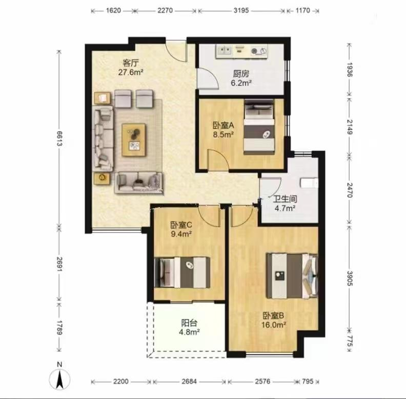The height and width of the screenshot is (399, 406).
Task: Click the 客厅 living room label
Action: tap(131, 63)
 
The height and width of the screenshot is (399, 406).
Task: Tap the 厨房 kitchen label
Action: tap(241, 74)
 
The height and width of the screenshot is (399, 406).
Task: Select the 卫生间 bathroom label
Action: tap(286, 198)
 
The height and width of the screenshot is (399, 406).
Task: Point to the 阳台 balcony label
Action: tap(189, 323)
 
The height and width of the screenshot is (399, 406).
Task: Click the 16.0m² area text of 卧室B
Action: tap(274, 325)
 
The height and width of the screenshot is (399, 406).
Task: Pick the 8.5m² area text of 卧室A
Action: tap(224, 135)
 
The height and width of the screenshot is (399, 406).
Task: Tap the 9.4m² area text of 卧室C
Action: tap(181, 234)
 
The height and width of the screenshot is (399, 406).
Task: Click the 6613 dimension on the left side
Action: tap(59, 139)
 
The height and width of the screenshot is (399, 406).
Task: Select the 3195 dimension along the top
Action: tap(241, 10)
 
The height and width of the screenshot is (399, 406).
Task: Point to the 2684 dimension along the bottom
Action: tap(189, 382)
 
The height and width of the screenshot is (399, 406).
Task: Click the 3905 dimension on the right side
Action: tap(350, 278)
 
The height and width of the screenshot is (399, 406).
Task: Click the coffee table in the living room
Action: tap(134, 140)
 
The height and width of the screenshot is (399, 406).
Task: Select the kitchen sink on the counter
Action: tap(224, 51)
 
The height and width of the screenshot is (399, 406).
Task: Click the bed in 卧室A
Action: tap(259, 127)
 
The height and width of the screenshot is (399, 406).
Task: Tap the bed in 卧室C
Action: tap(182, 272)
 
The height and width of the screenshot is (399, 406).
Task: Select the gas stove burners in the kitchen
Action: tap(259, 51)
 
